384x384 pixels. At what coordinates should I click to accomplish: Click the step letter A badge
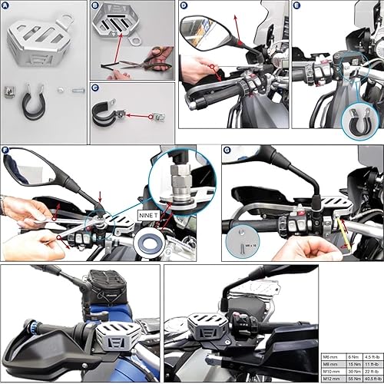click(6, 6)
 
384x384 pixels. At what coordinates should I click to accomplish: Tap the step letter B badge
click(95, 6)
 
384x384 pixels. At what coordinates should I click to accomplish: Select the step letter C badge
click(95, 88)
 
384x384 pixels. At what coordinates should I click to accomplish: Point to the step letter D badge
click(184, 6)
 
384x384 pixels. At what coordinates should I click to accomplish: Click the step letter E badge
click(297, 6)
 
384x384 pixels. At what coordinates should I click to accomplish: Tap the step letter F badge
click(6, 151)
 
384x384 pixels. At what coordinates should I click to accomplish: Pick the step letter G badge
click(226, 151)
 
